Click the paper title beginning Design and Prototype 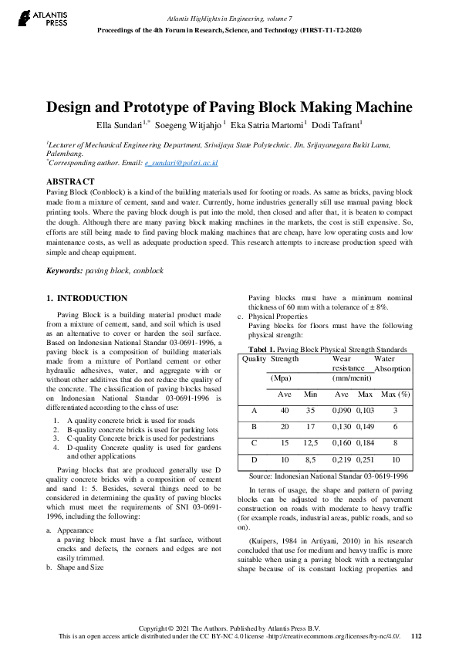tap(229, 107)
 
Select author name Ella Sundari tap(118, 124)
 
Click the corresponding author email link tap(181, 164)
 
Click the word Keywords tap(64, 272)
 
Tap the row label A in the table tap(254, 411)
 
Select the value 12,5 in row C tap(310, 443)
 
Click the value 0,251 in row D tap(366, 460)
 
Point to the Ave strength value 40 tap(285, 411)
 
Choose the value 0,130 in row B tap(341, 427)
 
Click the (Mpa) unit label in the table tap(280, 379)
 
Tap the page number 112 tap(417, 636)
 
